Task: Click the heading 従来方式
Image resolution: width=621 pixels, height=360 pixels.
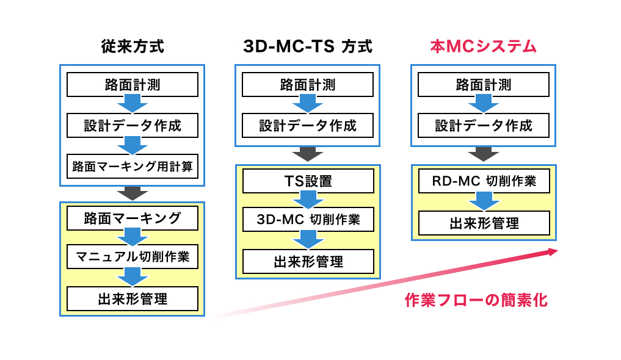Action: tap(133, 47)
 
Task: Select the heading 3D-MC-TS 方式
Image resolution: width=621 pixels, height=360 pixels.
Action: tap(308, 47)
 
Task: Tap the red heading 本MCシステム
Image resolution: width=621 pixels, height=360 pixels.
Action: tap(483, 47)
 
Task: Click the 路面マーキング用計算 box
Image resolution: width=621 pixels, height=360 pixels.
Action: tap(133, 166)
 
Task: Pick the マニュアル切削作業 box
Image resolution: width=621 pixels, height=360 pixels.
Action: tap(133, 257)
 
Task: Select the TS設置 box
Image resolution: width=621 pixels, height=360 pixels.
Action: tap(308, 181)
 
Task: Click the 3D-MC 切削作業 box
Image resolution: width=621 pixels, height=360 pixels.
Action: tap(308, 219)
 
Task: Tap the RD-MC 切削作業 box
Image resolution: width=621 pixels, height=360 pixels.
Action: tap(484, 181)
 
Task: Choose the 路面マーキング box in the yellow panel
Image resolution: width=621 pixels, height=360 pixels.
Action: tap(133, 218)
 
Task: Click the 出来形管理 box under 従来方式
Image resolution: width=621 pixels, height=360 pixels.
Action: tap(133, 299)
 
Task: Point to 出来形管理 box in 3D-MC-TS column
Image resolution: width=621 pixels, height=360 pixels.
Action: tap(308, 262)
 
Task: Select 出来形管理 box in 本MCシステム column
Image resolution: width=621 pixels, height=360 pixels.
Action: tap(484, 223)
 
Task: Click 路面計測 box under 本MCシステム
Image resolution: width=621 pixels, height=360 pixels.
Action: tap(484, 85)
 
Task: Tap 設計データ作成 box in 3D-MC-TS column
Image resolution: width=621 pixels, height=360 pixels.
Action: tap(308, 126)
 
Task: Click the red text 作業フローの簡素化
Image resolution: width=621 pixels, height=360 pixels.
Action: tap(476, 300)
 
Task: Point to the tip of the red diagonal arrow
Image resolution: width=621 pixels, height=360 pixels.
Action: tap(558, 251)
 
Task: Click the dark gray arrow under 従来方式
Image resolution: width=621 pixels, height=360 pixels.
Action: tap(133, 193)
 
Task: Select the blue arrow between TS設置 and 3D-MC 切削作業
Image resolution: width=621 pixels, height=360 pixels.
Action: tap(308, 200)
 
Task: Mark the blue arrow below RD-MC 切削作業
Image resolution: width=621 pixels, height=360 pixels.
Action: tap(484, 202)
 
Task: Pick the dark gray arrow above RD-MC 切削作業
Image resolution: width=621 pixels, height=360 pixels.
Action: tap(484, 154)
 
